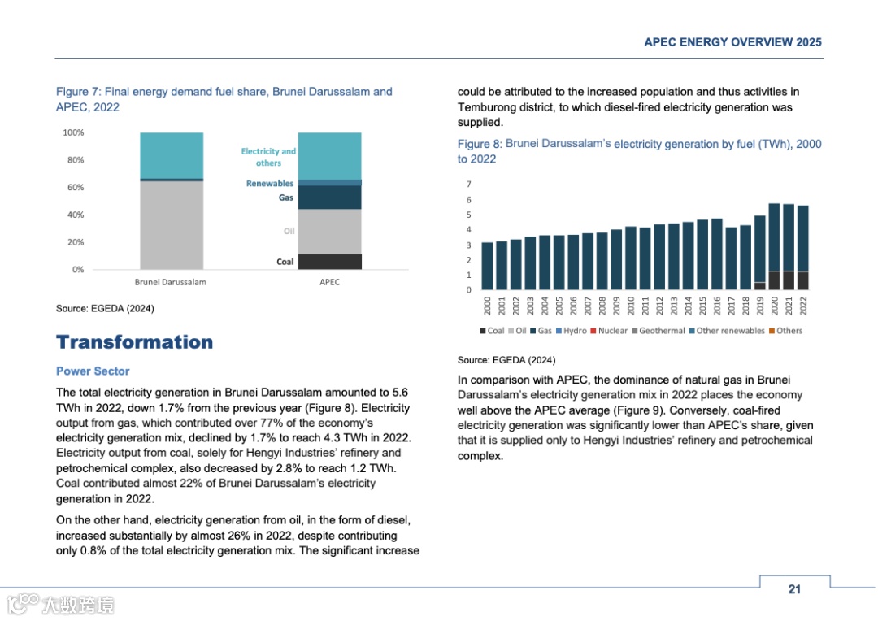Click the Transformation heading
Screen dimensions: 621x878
coord(134,342)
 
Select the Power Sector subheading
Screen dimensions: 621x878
coord(93,371)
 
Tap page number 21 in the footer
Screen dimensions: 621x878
coord(794,589)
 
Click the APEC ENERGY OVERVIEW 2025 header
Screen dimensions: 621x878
coord(732,42)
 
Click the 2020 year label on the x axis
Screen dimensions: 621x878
coord(774,306)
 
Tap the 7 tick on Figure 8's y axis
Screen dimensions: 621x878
coord(468,185)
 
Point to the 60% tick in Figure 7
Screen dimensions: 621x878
coord(74,188)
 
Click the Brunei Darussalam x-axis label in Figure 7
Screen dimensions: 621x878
coord(170,282)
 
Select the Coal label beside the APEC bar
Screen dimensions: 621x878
coord(285,262)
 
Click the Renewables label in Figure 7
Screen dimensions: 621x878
coord(270,184)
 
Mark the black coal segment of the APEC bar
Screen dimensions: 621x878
coord(329,261)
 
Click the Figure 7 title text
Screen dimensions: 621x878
coord(224,99)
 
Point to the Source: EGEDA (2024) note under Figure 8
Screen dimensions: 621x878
coord(506,360)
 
